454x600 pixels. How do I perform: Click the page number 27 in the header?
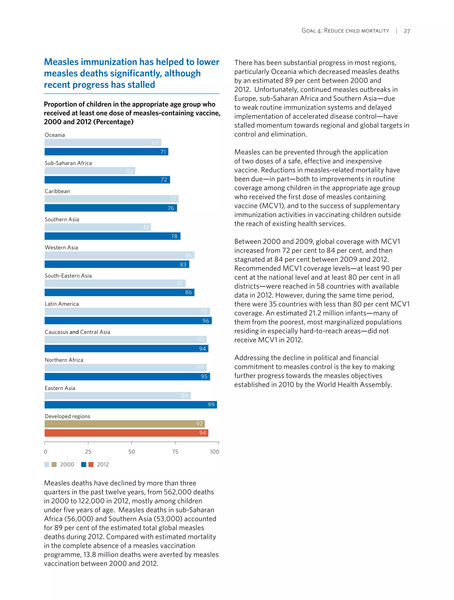[407, 31]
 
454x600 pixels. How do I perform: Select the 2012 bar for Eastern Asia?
[131, 405]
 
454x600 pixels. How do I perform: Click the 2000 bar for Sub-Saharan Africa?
[90, 171]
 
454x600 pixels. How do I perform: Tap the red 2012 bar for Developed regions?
[126, 433]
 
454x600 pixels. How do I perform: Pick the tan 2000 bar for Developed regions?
[125, 424]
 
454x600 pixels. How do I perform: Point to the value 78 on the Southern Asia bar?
[174, 236]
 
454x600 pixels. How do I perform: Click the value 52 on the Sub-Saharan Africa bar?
[129, 171]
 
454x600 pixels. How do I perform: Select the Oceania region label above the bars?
[55, 135]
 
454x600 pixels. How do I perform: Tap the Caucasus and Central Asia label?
[77, 332]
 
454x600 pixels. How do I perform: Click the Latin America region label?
[62, 304]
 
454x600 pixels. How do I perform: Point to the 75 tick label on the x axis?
[175, 452]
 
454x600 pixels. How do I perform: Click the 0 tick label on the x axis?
[45, 452]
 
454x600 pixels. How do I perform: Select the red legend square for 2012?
[91, 464]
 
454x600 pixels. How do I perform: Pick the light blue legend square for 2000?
[47, 464]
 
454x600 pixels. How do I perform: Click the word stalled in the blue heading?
[141, 85]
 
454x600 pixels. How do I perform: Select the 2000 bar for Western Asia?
[119, 255]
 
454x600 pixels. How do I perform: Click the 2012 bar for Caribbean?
[111, 208]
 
